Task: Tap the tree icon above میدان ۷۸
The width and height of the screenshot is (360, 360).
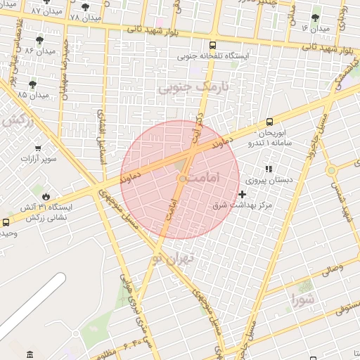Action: (85, 6)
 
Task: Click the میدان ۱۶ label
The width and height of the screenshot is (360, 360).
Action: (315, 27)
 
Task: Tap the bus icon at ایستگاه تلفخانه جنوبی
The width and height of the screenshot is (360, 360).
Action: (235, 65)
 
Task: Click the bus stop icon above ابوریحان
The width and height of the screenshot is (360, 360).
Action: (271, 122)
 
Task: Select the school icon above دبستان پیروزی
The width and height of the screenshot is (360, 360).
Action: (268, 169)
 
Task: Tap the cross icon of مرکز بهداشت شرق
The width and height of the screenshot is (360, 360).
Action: (243, 194)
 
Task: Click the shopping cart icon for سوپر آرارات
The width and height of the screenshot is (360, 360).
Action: (37, 148)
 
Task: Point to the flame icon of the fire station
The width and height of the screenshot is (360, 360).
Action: (46, 196)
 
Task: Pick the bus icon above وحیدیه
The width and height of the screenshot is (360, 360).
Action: (6, 222)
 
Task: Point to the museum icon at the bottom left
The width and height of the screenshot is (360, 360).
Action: (29, 353)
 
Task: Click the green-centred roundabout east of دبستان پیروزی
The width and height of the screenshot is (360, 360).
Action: (330, 170)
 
